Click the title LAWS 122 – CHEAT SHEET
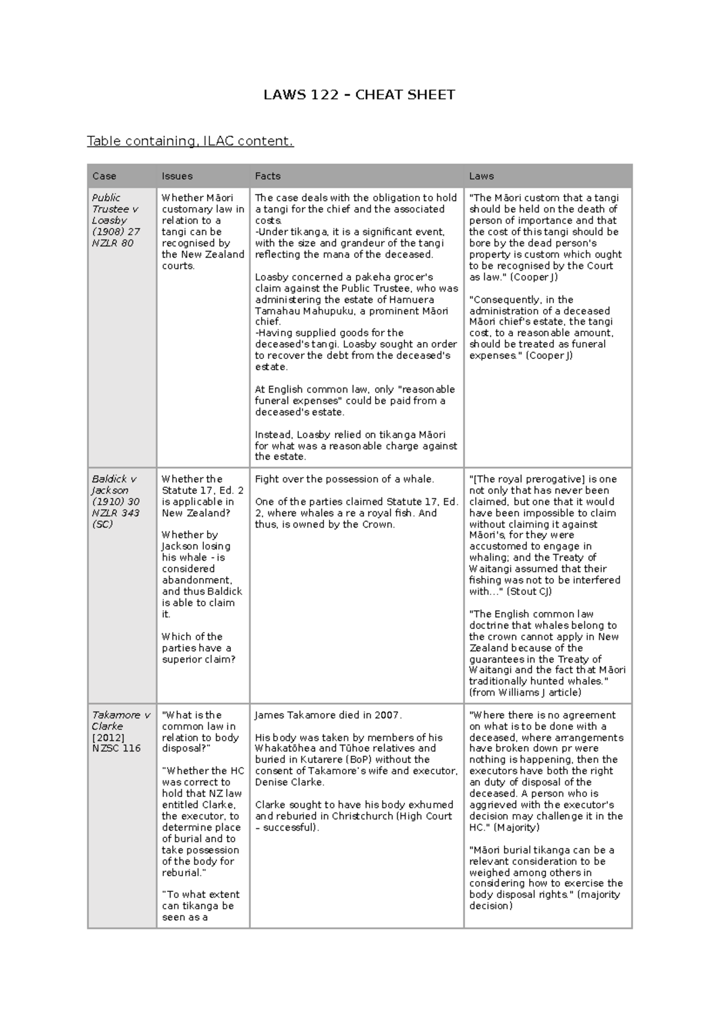[x=359, y=95]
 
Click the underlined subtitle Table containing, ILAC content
[x=190, y=141]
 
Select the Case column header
[x=104, y=176]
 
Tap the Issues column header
[x=177, y=176]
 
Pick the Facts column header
[x=268, y=176]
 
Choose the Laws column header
[x=481, y=176]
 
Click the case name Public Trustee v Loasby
[x=114, y=209]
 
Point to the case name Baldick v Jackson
[x=113, y=484]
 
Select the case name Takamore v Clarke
[x=121, y=720]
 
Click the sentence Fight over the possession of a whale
[x=344, y=479]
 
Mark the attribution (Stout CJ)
[x=529, y=591]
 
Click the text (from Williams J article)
[x=525, y=692]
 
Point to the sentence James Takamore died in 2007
[x=328, y=715]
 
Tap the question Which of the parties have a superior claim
[x=198, y=648]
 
